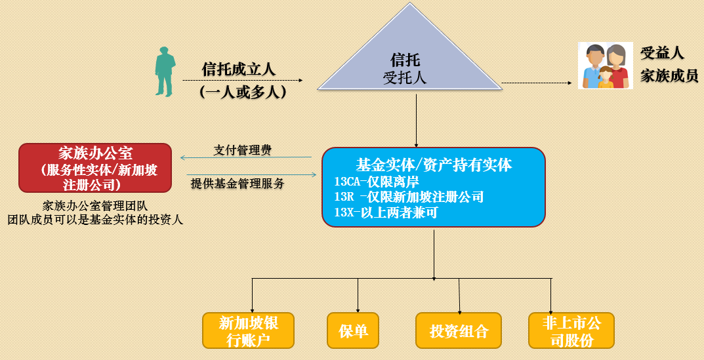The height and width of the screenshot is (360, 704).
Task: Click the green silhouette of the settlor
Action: (x=165, y=71)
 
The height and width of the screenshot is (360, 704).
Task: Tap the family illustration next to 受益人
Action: (x=605, y=66)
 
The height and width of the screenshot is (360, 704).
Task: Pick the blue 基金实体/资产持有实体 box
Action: (x=433, y=187)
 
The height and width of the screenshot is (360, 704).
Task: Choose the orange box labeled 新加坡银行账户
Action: (x=248, y=330)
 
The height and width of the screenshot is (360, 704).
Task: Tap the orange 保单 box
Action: (x=353, y=330)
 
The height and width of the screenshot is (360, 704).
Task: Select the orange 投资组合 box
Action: (x=459, y=330)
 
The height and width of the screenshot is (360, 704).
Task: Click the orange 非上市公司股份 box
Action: (x=571, y=330)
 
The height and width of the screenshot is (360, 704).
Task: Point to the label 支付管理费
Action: (x=242, y=150)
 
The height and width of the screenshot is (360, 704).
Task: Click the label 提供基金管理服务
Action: (x=238, y=184)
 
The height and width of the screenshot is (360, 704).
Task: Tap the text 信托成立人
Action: (x=238, y=68)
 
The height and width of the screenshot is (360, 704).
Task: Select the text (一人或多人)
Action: (x=243, y=92)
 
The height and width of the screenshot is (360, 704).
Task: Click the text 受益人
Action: (x=662, y=53)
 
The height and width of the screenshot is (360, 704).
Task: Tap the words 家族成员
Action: (x=669, y=75)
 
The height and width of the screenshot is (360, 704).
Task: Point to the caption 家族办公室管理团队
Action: (x=94, y=205)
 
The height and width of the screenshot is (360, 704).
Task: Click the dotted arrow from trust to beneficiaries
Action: (x=536, y=83)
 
